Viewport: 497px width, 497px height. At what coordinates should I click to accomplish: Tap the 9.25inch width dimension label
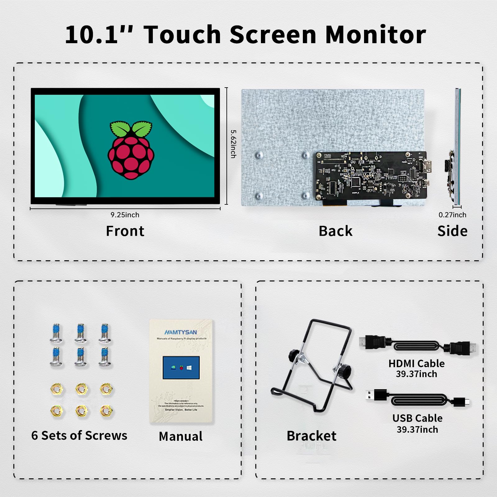coord(125,215)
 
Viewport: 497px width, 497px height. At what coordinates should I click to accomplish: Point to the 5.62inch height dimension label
coord(233,144)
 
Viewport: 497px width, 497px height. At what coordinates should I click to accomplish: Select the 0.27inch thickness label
coord(452,215)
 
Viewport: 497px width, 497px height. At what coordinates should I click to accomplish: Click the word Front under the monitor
coord(125,231)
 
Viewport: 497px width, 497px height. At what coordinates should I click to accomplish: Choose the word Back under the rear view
coord(335,231)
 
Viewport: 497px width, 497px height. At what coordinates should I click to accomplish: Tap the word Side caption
coord(452,231)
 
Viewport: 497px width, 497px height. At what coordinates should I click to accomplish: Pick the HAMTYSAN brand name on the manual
coord(180,332)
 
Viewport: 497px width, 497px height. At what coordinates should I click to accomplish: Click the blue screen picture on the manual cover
coord(181,367)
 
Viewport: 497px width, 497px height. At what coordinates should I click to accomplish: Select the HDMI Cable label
coord(416,363)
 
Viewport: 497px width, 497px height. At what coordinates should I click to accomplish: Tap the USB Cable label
coord(417,418)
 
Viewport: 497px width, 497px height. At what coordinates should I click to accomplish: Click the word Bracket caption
coord(311,436)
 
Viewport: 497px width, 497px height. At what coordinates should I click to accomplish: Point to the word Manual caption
coord(180,436)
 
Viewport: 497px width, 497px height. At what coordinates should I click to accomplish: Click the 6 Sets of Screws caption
coord(79,435)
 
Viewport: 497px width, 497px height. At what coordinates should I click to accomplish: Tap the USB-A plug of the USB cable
coord(374,395)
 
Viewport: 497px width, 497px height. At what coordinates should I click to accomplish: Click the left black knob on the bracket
coord(294,355)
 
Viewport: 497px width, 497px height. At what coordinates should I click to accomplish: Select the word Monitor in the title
coord(376,34)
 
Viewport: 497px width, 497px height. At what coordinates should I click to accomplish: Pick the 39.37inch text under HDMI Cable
coord(416,374)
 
